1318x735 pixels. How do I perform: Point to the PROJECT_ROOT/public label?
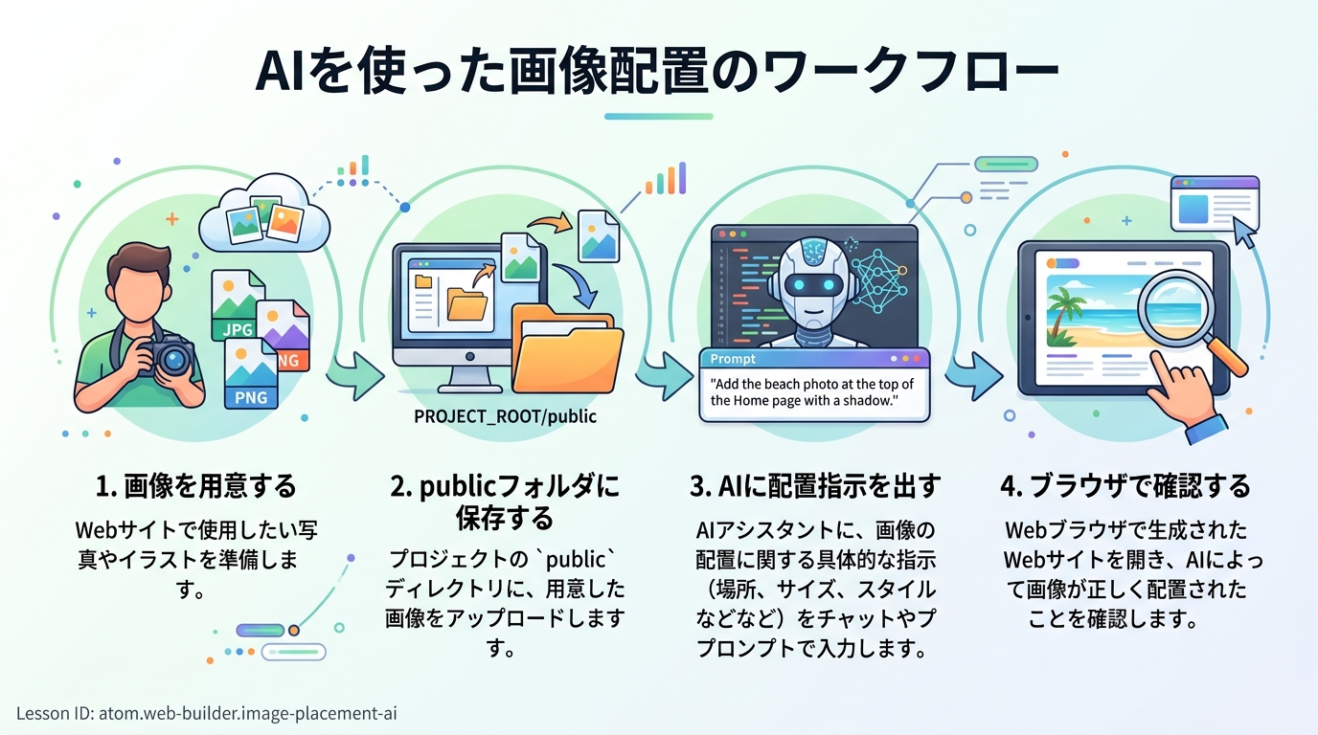505,416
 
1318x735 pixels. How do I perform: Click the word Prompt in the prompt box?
733,359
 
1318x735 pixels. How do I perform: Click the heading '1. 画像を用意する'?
196,486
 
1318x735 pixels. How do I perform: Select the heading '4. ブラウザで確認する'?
1125,486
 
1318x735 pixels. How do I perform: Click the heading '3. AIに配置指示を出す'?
815,486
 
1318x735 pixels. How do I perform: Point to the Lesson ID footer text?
207,713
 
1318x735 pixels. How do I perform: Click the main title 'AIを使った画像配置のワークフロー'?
658,75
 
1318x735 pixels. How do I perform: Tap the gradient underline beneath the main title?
658,117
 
